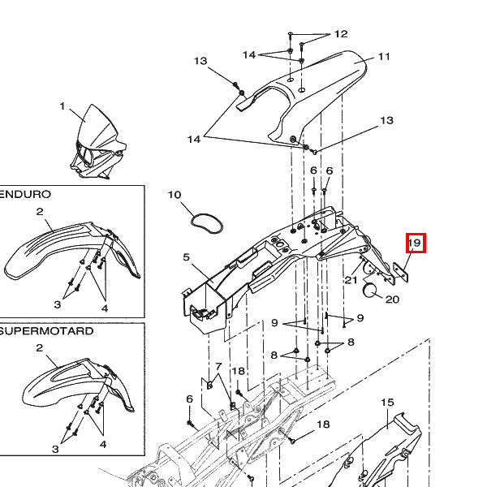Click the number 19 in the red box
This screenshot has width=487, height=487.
click(415, 243)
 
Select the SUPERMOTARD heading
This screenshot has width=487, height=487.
click(47, 331)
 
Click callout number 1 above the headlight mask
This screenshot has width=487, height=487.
click(62, 106)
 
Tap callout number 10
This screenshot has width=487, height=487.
click(175, 195)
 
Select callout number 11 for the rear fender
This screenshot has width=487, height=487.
click(384, 57)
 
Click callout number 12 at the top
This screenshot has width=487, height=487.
click(340, 34)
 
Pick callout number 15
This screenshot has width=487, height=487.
click(386, 403)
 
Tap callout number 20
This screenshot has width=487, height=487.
click(392, 300)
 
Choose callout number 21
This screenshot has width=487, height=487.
click(351, 280)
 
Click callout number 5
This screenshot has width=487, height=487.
click(186, 258)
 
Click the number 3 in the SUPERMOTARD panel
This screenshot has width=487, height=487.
click(57, 449)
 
